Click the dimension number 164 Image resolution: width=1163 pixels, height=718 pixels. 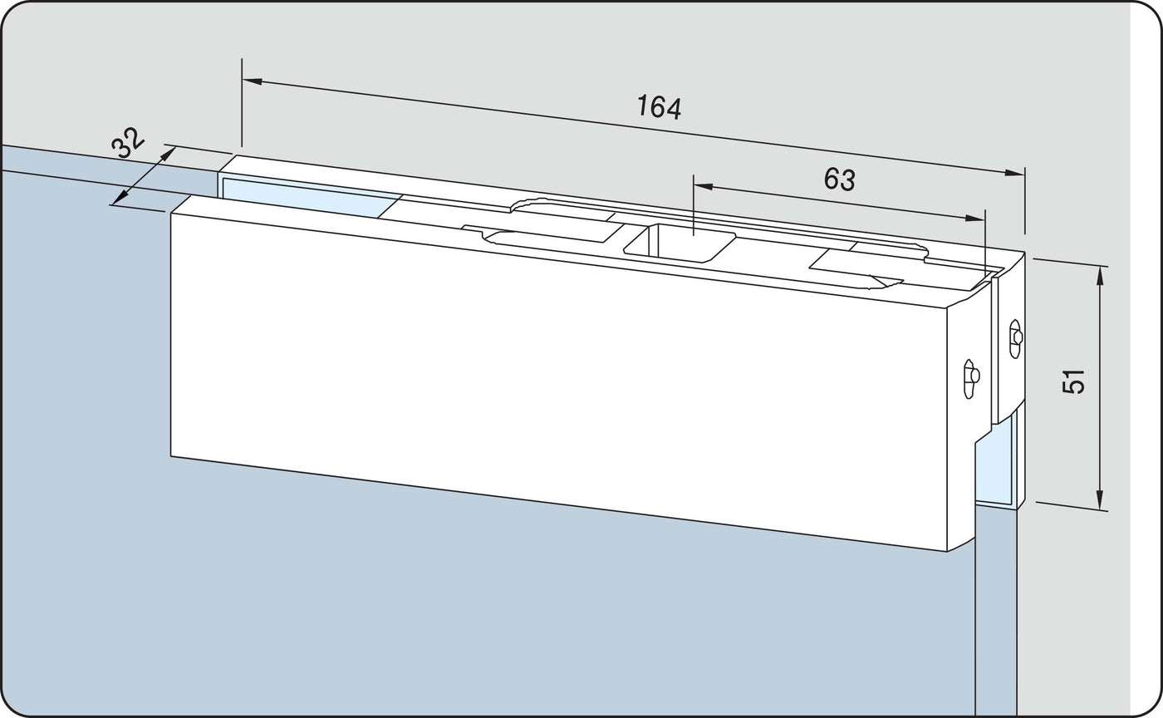tap(659, 107)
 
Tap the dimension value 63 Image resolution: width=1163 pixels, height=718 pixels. tap(840, 179)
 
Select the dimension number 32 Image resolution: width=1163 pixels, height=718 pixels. tap(128, 142)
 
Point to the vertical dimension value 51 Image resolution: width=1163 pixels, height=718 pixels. tap(1073, 381)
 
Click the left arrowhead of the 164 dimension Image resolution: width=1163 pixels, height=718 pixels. tap(252, 81)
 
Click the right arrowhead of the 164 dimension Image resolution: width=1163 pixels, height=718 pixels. tap(1014, 173)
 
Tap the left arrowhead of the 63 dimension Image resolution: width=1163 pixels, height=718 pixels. tap(704, 185)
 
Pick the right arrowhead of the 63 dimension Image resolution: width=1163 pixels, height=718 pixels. tap(974, 219)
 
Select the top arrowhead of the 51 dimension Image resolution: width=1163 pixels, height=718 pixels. tap(1100, 277)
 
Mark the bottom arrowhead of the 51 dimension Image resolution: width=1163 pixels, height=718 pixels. tap(1100, 499)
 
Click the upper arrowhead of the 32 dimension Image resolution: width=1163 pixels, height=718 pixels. tap(169, 155)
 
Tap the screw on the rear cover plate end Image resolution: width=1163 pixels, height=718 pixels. tap(1015, 339)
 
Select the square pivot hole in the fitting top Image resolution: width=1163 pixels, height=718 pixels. tap(680, 243)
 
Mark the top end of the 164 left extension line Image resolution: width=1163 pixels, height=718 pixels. tap(242, 59)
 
